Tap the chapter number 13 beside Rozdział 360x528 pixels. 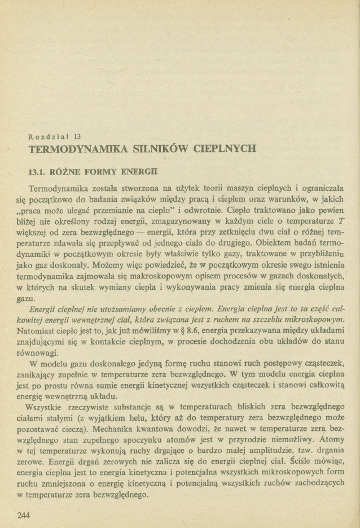point(78,136)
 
